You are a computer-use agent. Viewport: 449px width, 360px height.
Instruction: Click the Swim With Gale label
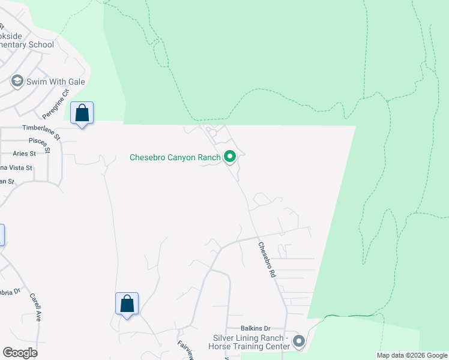55,82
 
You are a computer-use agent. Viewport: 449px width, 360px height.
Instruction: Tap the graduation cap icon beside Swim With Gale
17,81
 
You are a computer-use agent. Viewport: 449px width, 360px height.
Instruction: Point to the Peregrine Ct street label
56,103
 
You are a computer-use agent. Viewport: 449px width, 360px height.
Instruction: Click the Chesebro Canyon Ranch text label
175,158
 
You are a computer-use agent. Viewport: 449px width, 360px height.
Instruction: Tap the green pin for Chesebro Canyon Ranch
229,157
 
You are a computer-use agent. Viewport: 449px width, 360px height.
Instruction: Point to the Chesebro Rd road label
267,259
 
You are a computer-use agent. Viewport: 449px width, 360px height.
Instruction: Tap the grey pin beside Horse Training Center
298,342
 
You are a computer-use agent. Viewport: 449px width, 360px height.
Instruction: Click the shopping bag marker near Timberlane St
82,113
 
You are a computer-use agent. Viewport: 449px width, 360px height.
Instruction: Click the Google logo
20,353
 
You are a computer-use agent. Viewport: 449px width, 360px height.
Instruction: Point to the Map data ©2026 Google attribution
411,355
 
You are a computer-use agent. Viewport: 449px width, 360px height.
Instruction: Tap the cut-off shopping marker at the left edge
2,235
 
